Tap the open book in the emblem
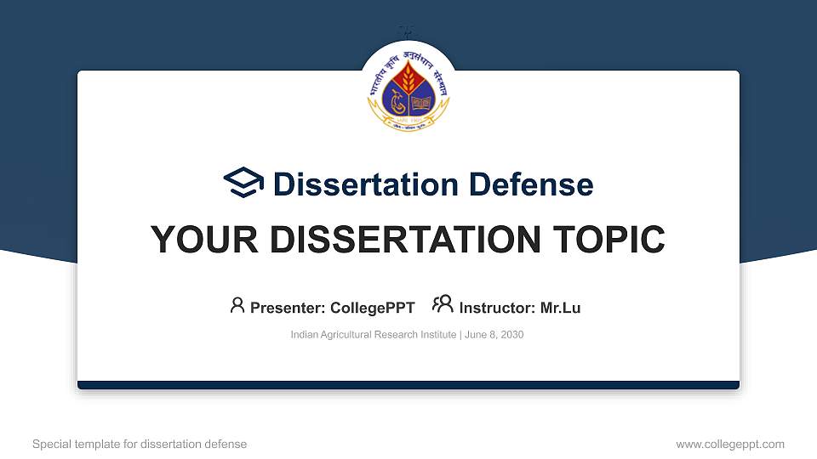point(421,105)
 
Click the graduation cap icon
point(244,183)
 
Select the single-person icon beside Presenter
point(237,305)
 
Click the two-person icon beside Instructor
point(443,304)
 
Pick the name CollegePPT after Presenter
point(374,308)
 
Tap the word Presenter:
point(287,308)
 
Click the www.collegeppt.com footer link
point(730,444)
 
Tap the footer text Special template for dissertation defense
point(140,444)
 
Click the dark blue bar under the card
point(408,385)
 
